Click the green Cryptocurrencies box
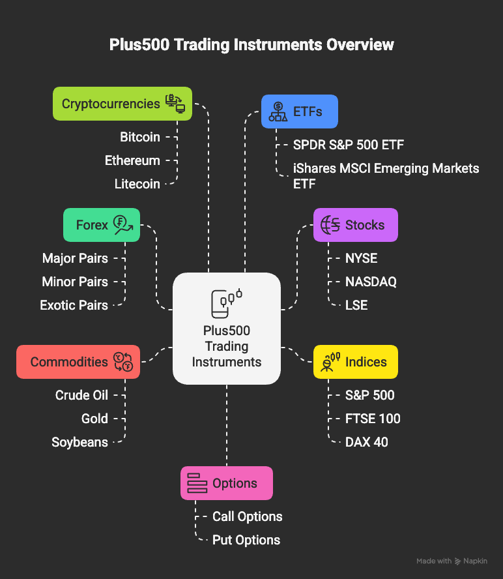click(x=122, y=104)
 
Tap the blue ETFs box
click(x=300, y=111)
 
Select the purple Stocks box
click(x=356, y=225)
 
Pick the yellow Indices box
click(x=356, y=362)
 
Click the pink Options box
click(x=227, y=483)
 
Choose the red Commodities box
click(x=78, y=362)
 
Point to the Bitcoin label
click(x=140, y=137)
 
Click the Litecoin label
click(x=137, y=184)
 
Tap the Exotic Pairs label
click(x=74, y=305)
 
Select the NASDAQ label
click(x=371, y=282)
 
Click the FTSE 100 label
click(x=373, y=419)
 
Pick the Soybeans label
click(x=79, y=442)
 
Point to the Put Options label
click(x=246, y=541)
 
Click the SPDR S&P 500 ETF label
click(x=349, y=145)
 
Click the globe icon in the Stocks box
click(x=330, y=225)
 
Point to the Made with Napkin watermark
click(x=452, y=561)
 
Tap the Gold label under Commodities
click(x=94, y=419)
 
